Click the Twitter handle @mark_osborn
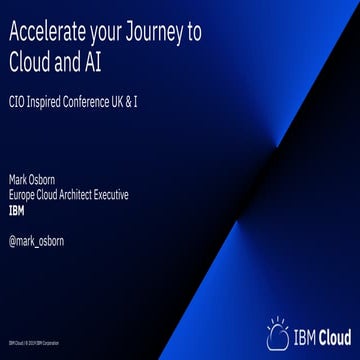click(x=37, y=240)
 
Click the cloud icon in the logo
click(x=278, y=334)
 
